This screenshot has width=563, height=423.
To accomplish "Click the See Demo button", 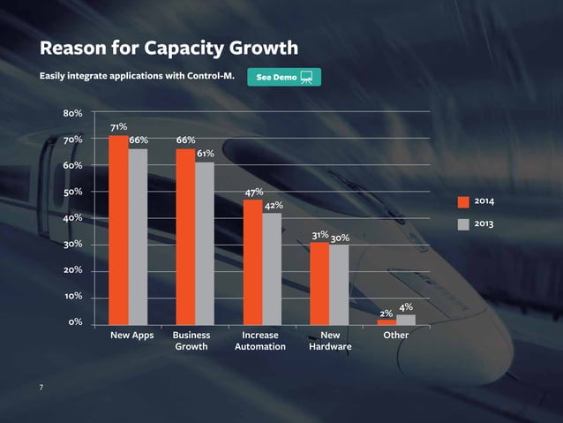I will point(284,77).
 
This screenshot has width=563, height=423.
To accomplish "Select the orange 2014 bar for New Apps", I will point(118,230).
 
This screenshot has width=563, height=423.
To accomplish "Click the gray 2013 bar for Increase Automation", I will point(272,268).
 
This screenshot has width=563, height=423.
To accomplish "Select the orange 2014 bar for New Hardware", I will point(319,283).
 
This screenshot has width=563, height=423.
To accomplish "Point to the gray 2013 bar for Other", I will point(406,319).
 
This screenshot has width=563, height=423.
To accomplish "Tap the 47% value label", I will point(254,193).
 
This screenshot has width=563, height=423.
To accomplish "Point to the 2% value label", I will point(387,313).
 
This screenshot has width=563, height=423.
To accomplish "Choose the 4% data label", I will point(406,306).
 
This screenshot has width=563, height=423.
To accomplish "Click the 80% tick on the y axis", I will point(72,114).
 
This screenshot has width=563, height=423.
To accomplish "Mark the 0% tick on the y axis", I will point(75,322).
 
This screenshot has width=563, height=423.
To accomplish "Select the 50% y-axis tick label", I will point(72,192).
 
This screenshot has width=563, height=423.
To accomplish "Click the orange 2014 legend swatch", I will point(463,202).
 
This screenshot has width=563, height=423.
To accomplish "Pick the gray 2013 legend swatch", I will point(463,224).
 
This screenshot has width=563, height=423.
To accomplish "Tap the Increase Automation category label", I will point(260,342).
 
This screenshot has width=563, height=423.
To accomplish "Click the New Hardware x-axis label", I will point(330,342).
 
